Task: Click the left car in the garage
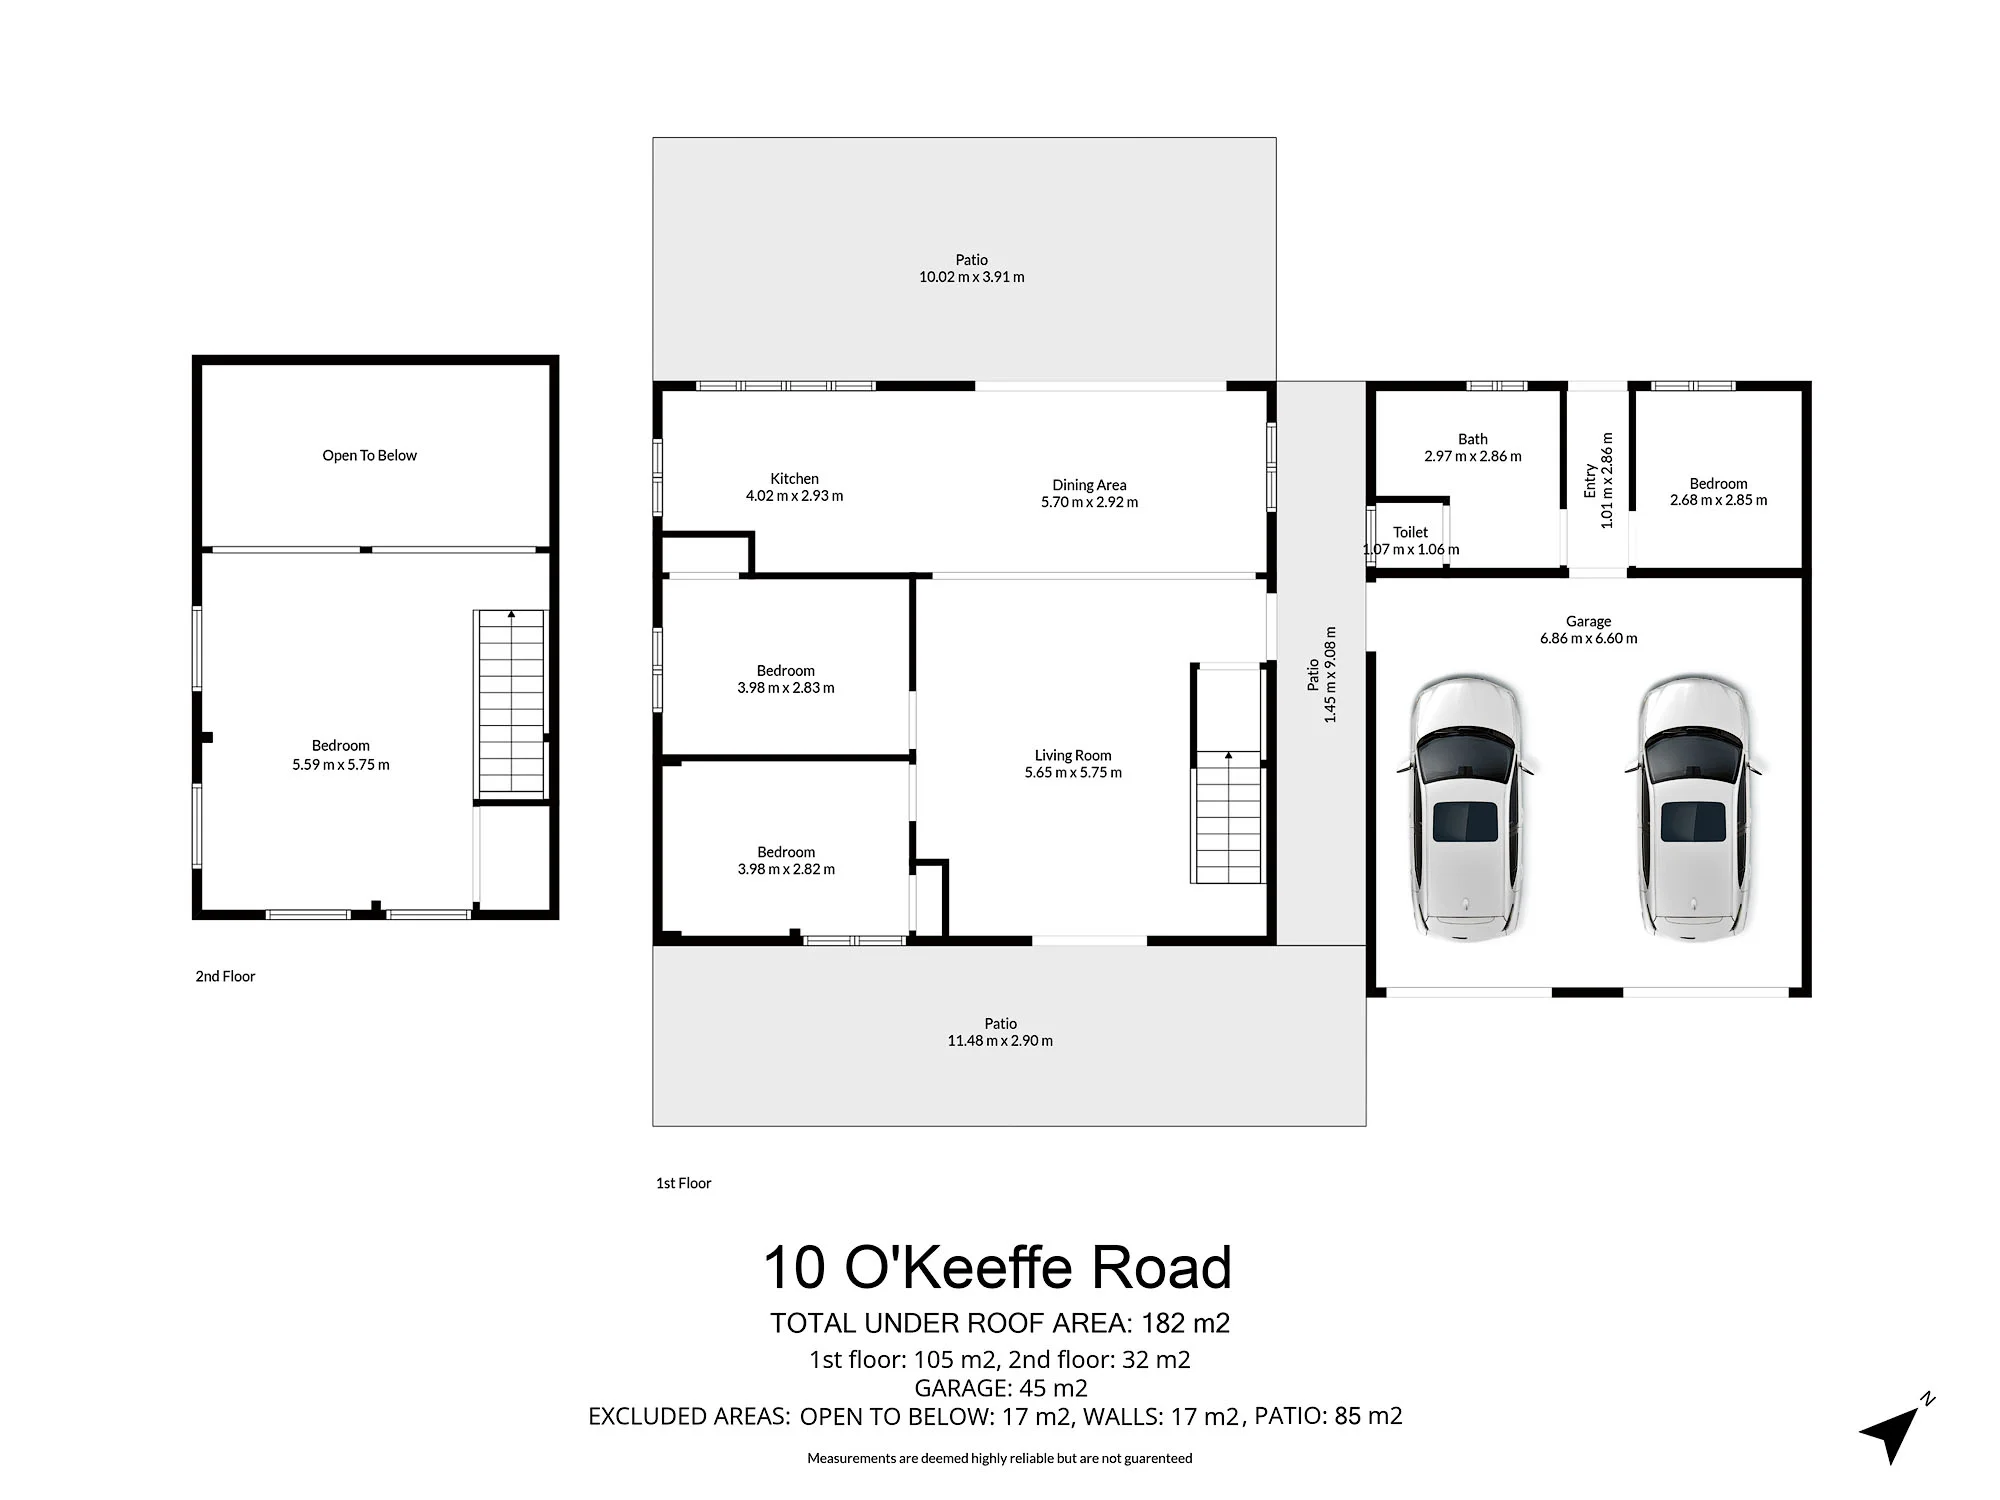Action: (1467, 808)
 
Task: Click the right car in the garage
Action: (1695, 808)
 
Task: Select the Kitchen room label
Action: (795, 479)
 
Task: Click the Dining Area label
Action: (1089, 485)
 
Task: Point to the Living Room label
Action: (1073, 756)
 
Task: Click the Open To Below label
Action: (369, 456)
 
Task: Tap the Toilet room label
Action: (1411, 532)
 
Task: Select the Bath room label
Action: (1473, 439)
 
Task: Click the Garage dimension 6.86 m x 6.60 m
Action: (1589, 638)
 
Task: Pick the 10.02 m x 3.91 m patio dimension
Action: (972, 277)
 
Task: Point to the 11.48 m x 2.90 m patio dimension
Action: (1000, 1041)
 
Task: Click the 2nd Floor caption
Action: (225, 976)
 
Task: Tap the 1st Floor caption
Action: (684, 1183)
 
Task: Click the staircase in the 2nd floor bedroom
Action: (511, 704)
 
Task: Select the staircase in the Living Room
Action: (1228, 816)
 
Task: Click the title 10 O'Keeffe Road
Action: (997, 1267)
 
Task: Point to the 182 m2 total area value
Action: (1186, 1323)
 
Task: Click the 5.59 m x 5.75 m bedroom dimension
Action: (341, 765)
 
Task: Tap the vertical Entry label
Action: (1590, 481)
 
